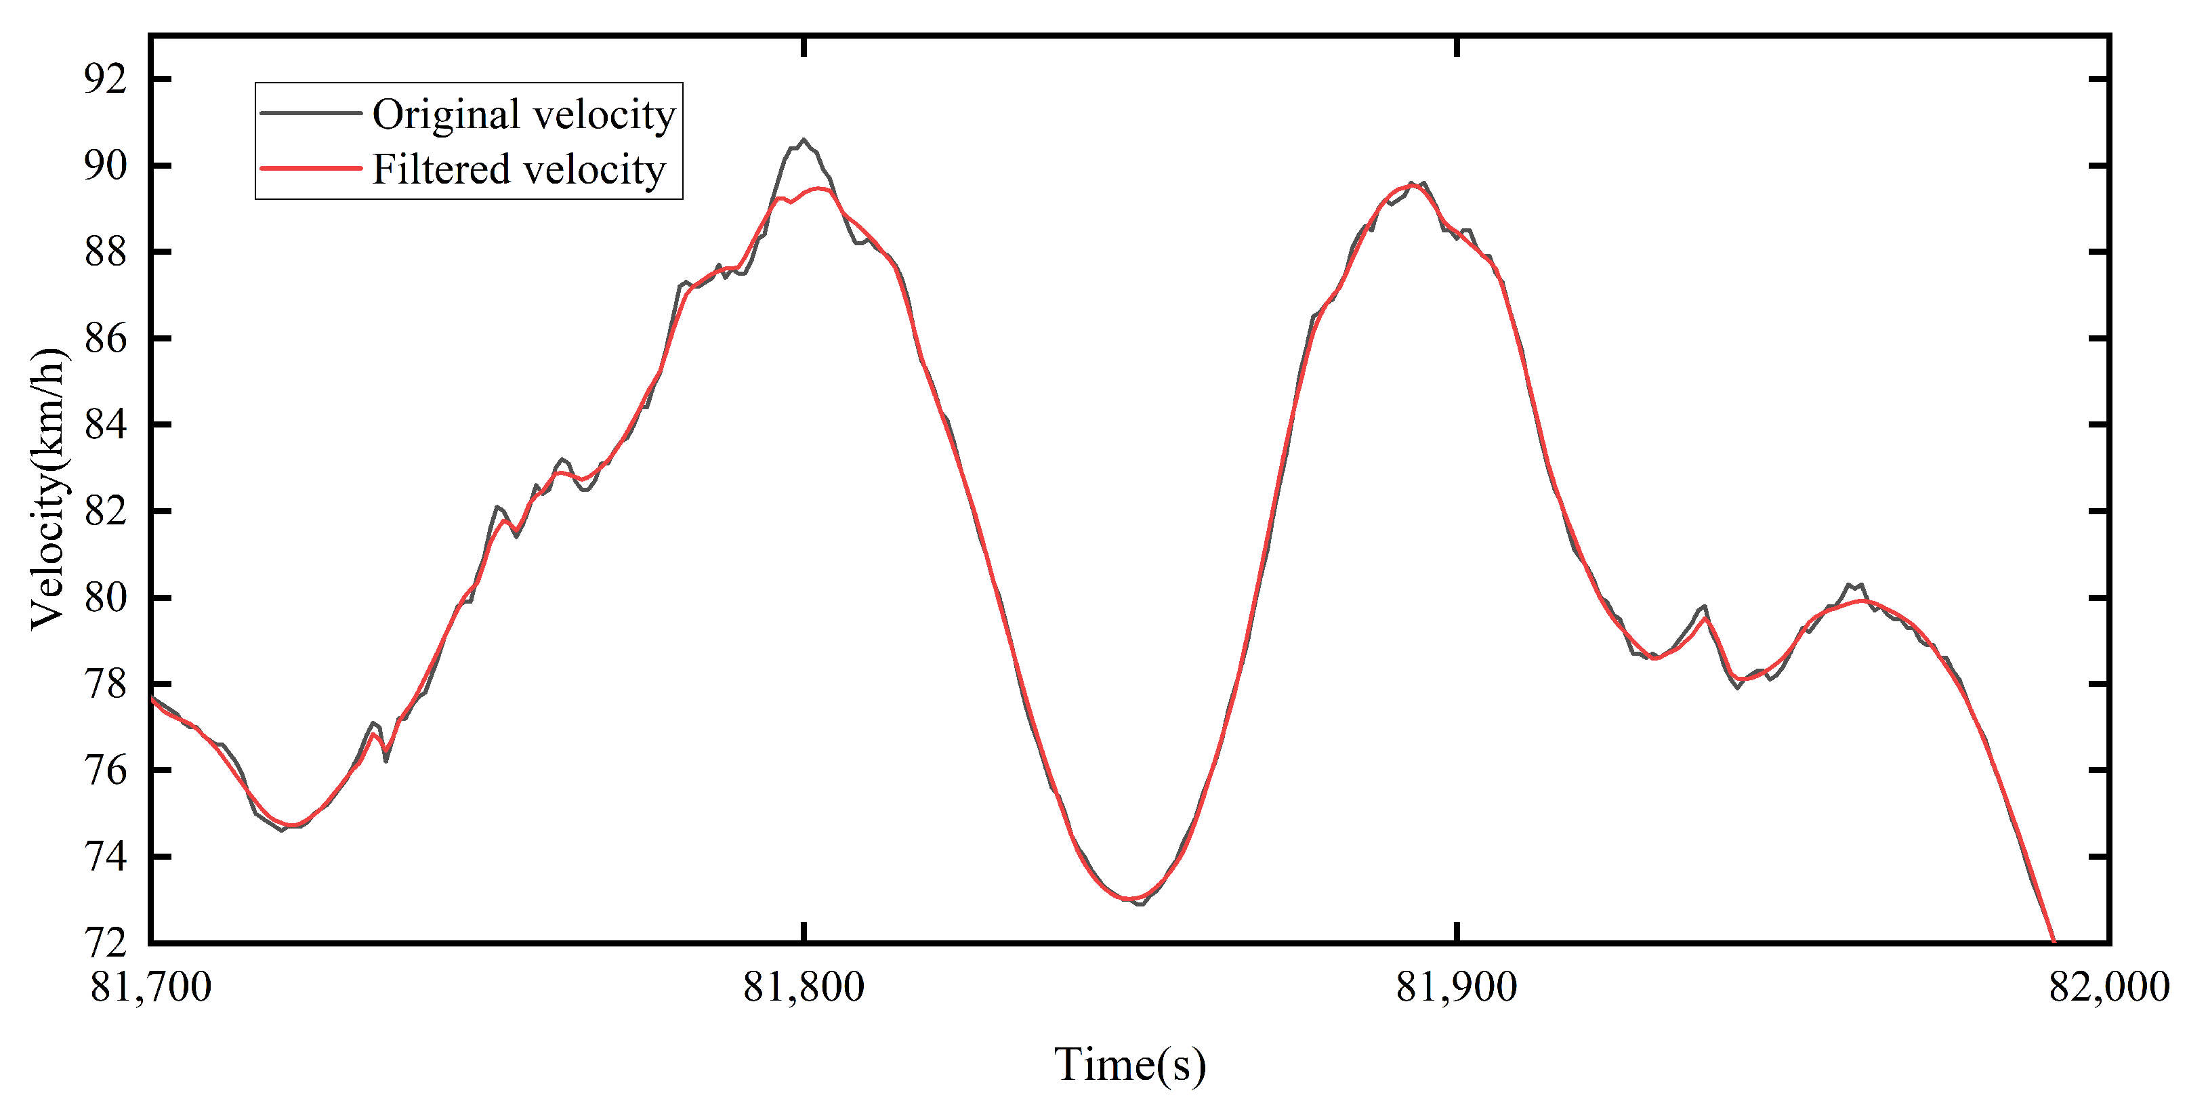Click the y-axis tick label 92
click(105, 79)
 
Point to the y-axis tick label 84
click(105, 425)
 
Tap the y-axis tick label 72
click(105, 942)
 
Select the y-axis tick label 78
click(105, 684)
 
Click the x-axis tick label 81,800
click(803, 986)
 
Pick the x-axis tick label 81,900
click(1457, 986)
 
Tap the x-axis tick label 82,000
click(2109, 986)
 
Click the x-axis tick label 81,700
click(151, 986)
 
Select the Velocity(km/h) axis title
click(47, 488)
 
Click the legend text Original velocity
click(524, 114)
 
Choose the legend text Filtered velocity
click(519, 169)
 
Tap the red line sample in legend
click(311, 168)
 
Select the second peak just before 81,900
click(1413, 186)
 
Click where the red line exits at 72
click(2053, 940)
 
